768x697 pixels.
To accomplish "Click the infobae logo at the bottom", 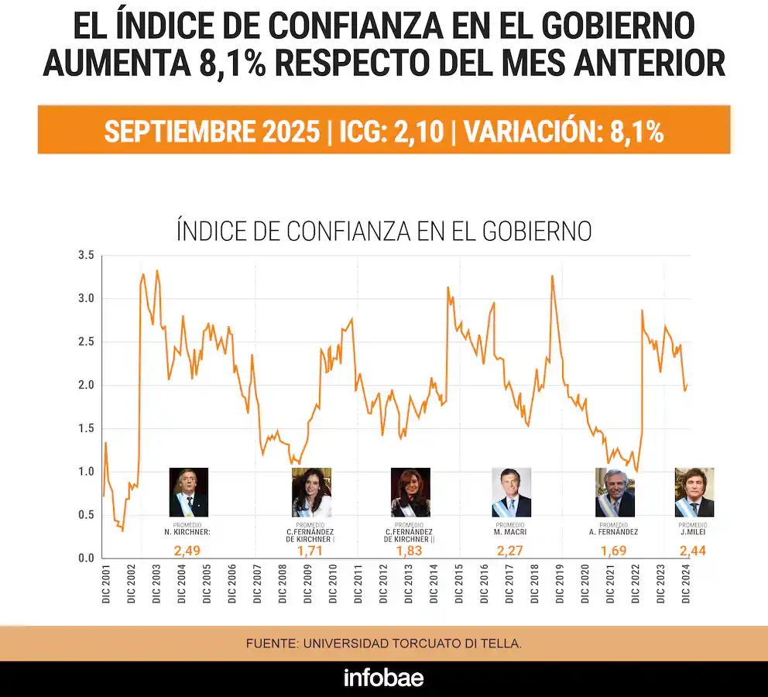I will tap(383, 678).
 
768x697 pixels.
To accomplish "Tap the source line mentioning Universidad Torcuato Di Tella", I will tap(384, 644).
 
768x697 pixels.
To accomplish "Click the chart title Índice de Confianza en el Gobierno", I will tap(384, 231).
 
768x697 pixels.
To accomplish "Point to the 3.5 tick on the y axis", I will tap(85, 256).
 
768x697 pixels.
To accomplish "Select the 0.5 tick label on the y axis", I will tap(85, 515).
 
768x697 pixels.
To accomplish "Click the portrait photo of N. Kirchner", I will tap(189, 493).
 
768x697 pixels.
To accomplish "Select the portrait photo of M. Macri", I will tap(512, 493).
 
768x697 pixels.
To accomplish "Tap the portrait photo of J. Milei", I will tap(694, 493).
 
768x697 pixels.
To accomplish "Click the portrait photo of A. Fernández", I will tap(615, 493).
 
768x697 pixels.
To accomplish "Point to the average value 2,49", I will tap(188, 551).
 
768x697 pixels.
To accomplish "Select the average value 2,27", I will tap(511, 551).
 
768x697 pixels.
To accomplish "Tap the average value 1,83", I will tap(410, 551).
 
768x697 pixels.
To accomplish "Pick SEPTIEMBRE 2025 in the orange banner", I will tap(211, 131).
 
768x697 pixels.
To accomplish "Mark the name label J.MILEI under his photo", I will tap(694, 532).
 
